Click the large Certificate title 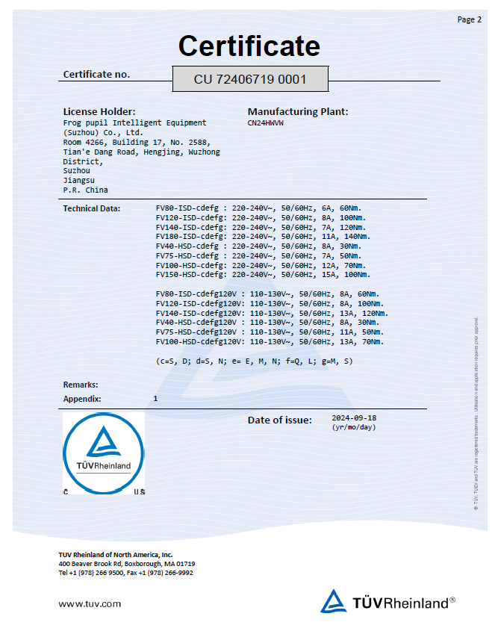pyautogui.click(x=249, y=46)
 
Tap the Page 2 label pyautogui.click(x=469, y=19)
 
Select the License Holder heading pyautogui.click(x=99, y=111)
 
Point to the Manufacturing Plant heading pyautogui.click(x=298, y=111)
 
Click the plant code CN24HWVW pyautogui.click(x=266, y=122)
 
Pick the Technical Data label pyautogui.click(x=91, y=208)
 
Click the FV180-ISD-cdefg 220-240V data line pyautogui.click(x=263, y=237)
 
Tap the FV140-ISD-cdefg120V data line pyautogui.click(x=272, y=313)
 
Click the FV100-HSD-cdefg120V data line pyautogui.click(x=270, y=341)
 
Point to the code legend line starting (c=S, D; pyautogui.click(x=254, y=361)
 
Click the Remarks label pyautogui.click(x=81, y=385)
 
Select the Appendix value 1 pyautogui.click(x=155, y=399)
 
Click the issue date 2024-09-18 pyautogui.click(x=354, y=418)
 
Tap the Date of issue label pyautogui.click(x=279, y=420)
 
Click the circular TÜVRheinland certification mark pyautogui.click(x=103, y=450)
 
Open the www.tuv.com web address pyautogui.click(x=90, y=603)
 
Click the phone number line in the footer pyautogui.click(x=125, y=573)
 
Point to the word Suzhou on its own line pyautogui.click(x=76, y=170)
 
